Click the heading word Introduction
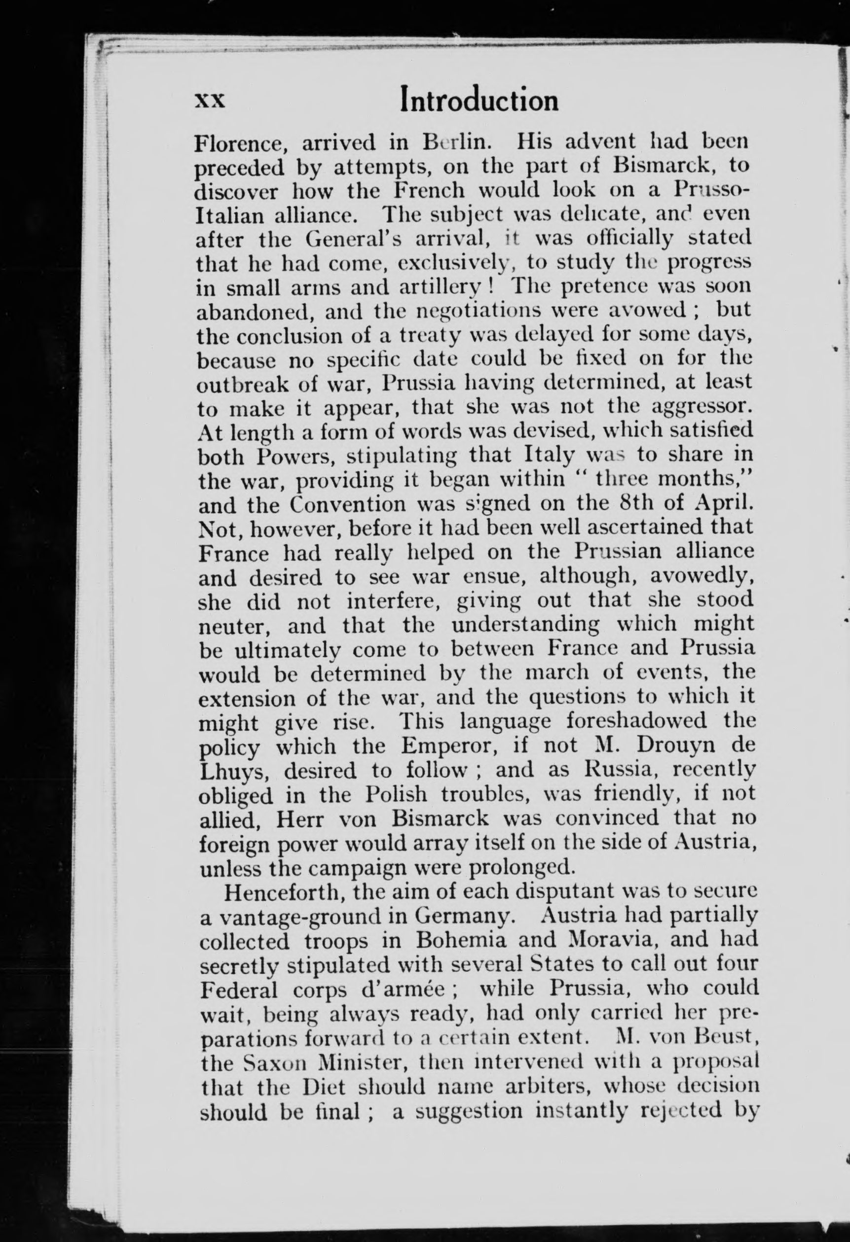point(480,100)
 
